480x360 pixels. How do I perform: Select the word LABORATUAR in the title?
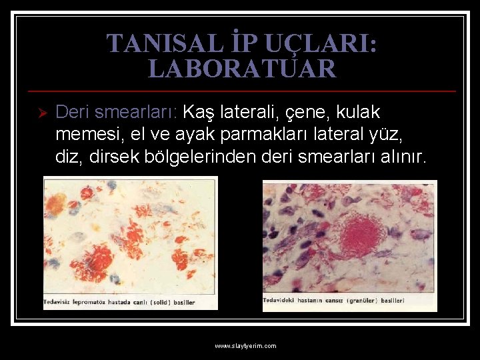(242, 69)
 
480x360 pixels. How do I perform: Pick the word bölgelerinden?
(214, 157)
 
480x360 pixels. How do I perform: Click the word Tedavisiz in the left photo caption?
(58, 302)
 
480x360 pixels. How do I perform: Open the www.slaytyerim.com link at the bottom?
(245, 346)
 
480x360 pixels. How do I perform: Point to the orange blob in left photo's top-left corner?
(55, 202)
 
